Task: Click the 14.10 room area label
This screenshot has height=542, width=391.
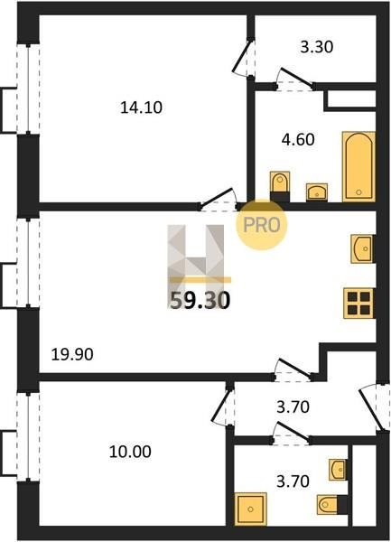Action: (x=141, y=107)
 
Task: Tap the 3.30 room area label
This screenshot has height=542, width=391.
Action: (x=316, y=47)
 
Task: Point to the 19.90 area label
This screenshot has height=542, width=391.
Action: (x=72, y=354)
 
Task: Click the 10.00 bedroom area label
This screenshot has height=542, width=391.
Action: (x=130, y=452)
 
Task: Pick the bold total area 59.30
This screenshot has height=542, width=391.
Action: (x=200, y=300)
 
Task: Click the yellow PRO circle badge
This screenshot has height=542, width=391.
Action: (x=262, y=225)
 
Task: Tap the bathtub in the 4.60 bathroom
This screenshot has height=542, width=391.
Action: (x=358, y=166)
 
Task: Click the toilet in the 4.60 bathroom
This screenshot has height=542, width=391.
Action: (x=280, y=187)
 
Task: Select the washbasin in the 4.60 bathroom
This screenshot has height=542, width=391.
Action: (x=317, y=192)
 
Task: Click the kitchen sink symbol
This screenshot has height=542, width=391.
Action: (x=363, y=248)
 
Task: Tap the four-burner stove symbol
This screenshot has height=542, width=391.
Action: (x=359, y=303)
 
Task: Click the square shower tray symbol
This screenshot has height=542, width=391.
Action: (x=251, y=509)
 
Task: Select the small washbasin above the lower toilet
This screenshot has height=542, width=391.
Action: (x=338, y=470)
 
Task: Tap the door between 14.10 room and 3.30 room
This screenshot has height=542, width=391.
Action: (x=244, y=58)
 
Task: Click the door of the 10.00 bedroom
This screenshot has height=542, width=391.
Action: (x=222, y=406)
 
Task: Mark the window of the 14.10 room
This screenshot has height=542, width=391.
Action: (x=28, y=89)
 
